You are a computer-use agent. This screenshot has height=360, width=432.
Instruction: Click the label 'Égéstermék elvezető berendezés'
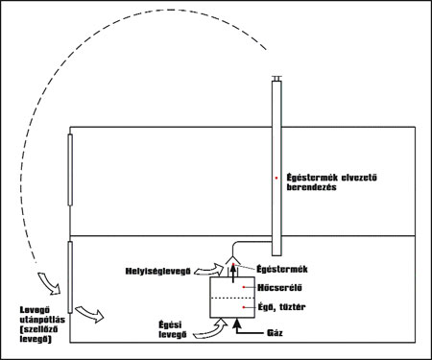(x=331, y=182)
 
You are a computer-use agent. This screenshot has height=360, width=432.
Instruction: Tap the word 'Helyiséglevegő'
(x=158, y=272)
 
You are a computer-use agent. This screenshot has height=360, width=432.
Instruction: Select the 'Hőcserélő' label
(x=279, y=288)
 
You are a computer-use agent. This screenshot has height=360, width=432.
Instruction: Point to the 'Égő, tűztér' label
(x=281, y=307)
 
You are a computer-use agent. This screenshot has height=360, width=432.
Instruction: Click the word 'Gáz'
(x=275, y=333)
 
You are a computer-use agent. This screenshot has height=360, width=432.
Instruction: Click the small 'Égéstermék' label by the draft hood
(x=282, y=269)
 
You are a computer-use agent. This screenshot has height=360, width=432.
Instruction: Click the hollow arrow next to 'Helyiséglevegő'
(x=209, y=270)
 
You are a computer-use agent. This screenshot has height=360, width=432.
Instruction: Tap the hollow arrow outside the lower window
(x=50, y=283)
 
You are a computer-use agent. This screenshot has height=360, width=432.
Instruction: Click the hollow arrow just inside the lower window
(x=90, y=314)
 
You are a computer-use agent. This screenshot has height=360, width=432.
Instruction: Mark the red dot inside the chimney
(x=276, y=178)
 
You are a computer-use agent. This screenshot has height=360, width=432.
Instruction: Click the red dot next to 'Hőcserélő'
(x=244, y=287)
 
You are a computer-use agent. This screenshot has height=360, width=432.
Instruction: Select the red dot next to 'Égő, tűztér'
(x=244, y=307)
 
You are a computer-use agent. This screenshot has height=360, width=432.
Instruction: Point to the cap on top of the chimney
(x=276, y=78)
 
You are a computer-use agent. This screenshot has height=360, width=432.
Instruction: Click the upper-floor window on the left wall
(x=70, y=170)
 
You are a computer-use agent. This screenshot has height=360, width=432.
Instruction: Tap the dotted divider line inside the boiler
(x=232, y=299)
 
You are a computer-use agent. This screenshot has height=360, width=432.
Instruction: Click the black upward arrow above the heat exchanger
(x=233, y=274)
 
